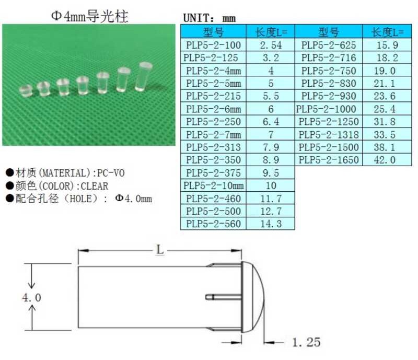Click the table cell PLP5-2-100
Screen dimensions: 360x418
pyautogui.click(x=213, y=45)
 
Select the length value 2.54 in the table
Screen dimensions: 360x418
pyautogui.click(x=271, y=45)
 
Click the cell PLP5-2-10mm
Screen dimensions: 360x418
pyautogui.click(x=213, y=185)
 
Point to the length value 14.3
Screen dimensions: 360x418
pyautogui.click(x=271, y=224)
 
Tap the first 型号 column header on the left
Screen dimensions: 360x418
pyautogui.click(x=213, y=32)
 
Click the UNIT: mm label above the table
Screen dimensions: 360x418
pyautogui.click(x=209, y=18)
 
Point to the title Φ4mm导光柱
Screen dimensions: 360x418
pyautogui.click(x=89, y=16)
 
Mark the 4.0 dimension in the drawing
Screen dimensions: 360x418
pyautogui.click(x=31, y=297)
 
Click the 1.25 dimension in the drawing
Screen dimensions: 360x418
pyautogui.click(x=306, y=342)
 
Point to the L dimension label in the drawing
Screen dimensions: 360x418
pyautogui.click(x=160, y=250)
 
